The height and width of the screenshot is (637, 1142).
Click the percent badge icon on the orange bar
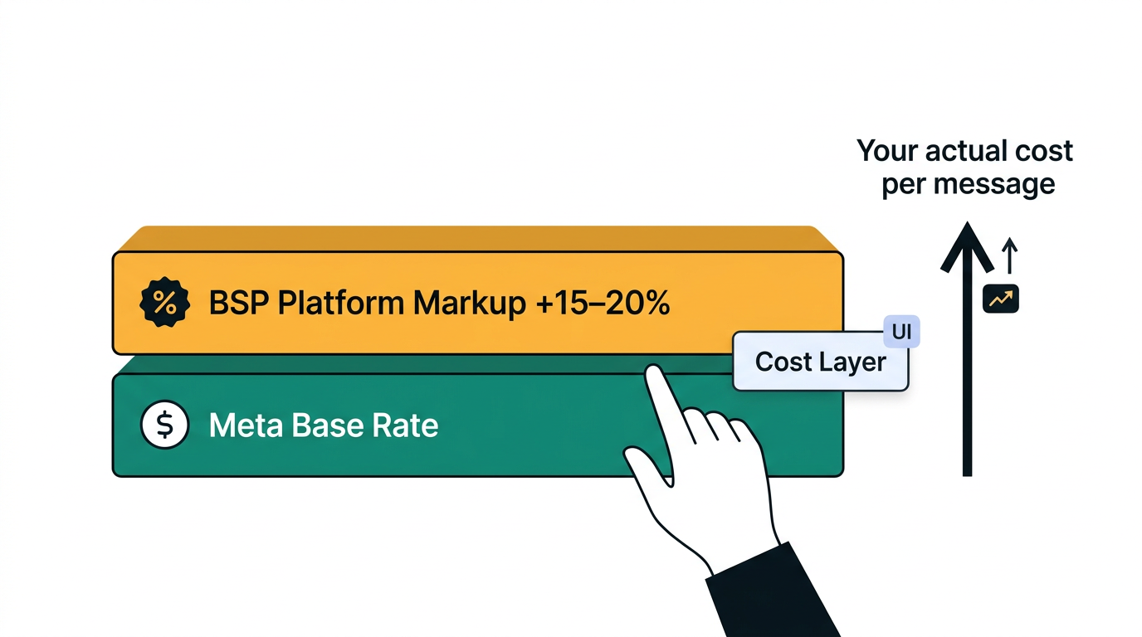164,303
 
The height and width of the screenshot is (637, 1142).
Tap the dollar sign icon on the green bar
164,425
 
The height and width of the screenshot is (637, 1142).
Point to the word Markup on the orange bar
470,304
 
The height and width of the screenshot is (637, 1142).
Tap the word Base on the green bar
328,425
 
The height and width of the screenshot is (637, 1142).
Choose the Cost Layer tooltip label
820,362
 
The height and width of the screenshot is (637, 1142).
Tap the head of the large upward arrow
967,246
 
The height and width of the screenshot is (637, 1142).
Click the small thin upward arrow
1009,255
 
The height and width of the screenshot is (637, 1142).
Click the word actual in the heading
959,151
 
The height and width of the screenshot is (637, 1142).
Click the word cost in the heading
1044,151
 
